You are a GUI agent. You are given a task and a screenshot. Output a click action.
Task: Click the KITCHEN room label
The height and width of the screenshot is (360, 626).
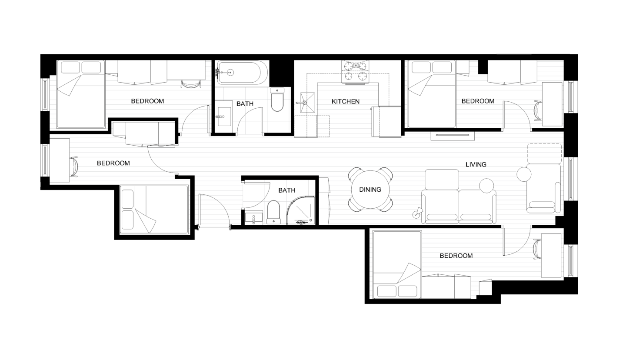point(346,101)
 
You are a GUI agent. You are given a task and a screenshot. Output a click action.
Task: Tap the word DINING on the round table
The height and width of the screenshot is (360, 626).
point(370,190)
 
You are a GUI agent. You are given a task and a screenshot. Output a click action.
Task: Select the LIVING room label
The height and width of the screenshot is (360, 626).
point(476,164)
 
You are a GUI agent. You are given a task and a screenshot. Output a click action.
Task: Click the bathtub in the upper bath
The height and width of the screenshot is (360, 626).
point(243,73)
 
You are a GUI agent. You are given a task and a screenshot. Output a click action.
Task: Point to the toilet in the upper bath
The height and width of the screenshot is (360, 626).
point(277,100)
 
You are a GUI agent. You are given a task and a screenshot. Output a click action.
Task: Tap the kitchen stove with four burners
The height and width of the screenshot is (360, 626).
point(356,71)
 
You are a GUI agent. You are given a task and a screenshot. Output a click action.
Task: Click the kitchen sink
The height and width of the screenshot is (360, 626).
point(306,103)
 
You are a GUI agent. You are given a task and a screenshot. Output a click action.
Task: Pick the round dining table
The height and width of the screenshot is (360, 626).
point(370,190)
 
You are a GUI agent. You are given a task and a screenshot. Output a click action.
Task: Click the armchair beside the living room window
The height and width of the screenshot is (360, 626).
point(543,189)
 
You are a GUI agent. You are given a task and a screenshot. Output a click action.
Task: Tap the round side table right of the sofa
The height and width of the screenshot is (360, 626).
point(487,186)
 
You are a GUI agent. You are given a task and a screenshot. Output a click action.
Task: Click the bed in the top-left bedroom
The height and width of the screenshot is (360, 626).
point(81,95)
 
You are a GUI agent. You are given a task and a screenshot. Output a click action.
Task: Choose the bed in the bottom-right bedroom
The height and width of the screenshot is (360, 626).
point(397,265)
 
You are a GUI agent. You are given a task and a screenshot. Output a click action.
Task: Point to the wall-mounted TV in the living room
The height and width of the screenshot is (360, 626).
point(453,135)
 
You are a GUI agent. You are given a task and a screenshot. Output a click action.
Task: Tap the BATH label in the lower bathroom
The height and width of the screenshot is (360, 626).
point(286,190)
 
